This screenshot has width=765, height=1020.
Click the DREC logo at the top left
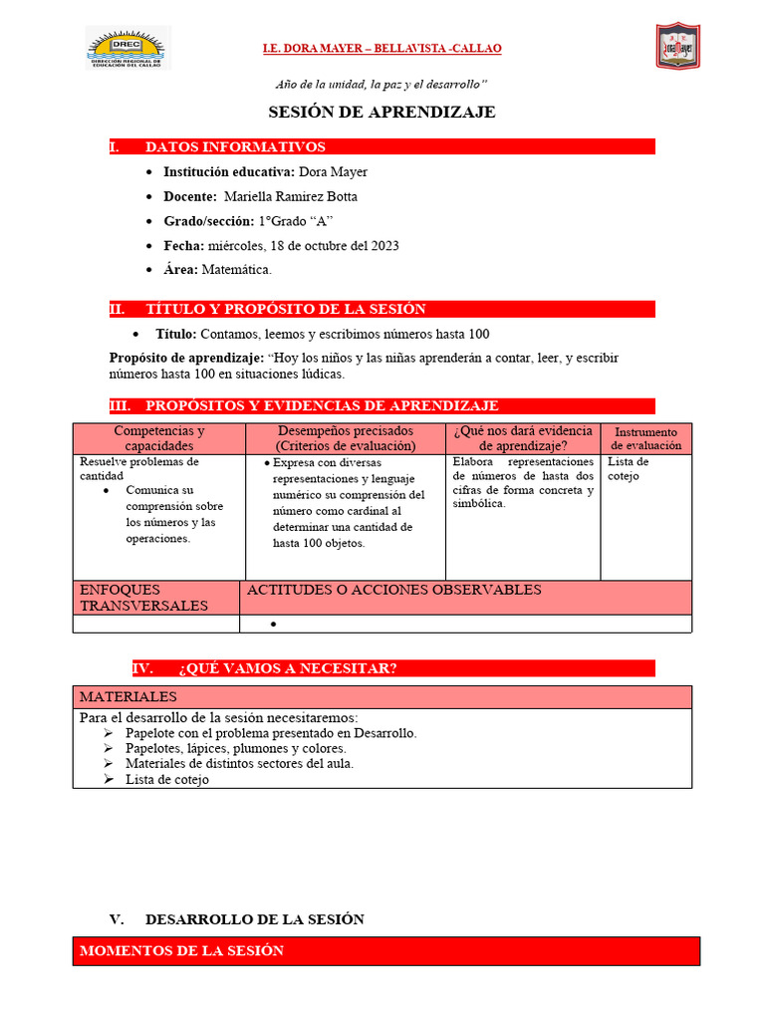127,48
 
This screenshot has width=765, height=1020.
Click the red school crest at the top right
677,46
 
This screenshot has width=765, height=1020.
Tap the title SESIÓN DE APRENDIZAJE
382,112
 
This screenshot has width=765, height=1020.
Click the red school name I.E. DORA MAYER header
382,48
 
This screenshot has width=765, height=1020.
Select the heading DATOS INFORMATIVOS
235,146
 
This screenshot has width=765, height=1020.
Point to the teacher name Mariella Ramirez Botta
290,196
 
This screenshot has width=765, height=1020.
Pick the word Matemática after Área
236,269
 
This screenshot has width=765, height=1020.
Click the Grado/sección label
208,221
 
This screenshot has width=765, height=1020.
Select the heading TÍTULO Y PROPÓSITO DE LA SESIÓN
285,309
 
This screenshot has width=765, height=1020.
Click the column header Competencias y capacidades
159,438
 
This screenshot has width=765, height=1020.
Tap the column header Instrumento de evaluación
645,438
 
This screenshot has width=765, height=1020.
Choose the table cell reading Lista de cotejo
629,468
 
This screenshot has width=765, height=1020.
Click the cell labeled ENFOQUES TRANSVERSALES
143,598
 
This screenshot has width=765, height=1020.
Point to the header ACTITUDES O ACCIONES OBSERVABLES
394,590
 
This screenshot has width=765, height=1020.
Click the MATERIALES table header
128,696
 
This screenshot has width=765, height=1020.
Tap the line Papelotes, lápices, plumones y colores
236,748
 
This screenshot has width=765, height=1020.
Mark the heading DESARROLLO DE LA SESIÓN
254,919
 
